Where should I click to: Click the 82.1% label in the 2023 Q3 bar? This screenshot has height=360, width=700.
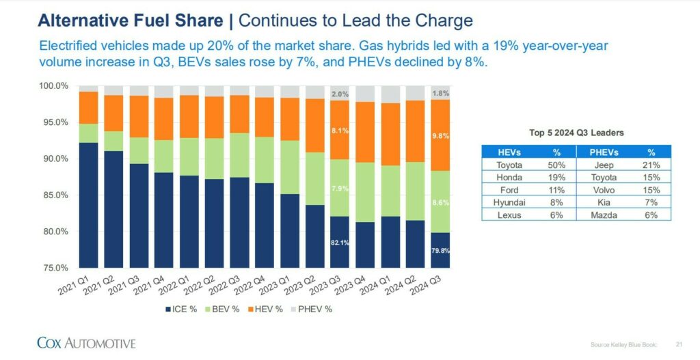coord(340,243)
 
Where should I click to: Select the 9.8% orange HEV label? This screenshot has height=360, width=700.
coord(441,136)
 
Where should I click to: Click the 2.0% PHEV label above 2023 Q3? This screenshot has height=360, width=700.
coord(340,94)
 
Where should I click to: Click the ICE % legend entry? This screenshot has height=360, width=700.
coord(181,309)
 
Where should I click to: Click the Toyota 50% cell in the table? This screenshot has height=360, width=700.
coord(552,165)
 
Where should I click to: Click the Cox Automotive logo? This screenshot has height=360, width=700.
coord(86,342)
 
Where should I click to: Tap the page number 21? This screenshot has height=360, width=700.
coord(679,344)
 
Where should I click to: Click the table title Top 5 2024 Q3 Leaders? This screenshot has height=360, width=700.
coord(576,133)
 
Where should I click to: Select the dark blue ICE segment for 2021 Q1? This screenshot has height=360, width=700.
coord(89,205)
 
